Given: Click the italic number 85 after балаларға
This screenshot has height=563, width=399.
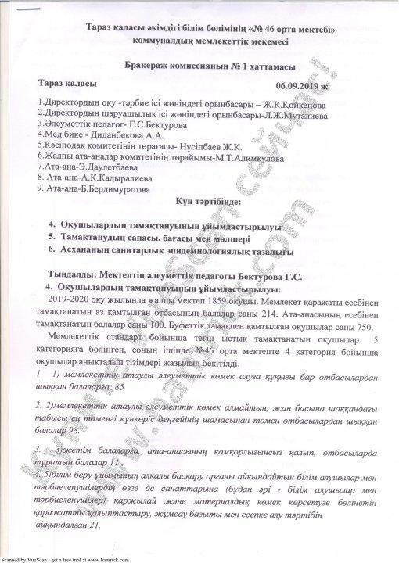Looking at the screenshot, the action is point(119,386).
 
